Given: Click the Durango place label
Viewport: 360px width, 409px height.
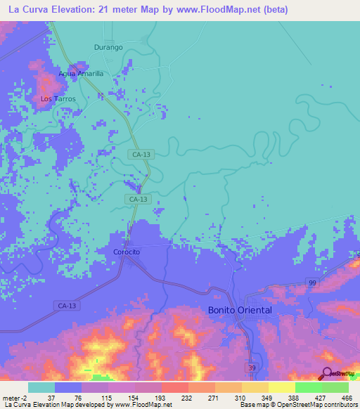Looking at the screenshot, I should pyautogui.click(x=108, y=47).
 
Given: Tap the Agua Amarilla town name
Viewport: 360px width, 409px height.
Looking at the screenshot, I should pyautogui.click(x=81, y=73).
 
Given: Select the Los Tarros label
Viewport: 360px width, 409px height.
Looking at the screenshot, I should pyautogui.click(x=58, y=99).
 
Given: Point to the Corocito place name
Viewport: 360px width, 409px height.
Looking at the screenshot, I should pyautogui.click(x=127, y=252).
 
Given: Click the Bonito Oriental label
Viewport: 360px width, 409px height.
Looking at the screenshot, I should pyautogui.click(x=240, y=310).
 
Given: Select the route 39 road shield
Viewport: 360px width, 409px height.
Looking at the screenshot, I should pyautogui.click(x=252, y=367).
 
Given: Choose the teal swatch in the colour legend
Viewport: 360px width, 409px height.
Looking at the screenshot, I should pyautogui.click(x=41, y=387).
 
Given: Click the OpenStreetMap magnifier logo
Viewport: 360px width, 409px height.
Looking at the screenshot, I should pyautogui.click(x=326, y=374).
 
